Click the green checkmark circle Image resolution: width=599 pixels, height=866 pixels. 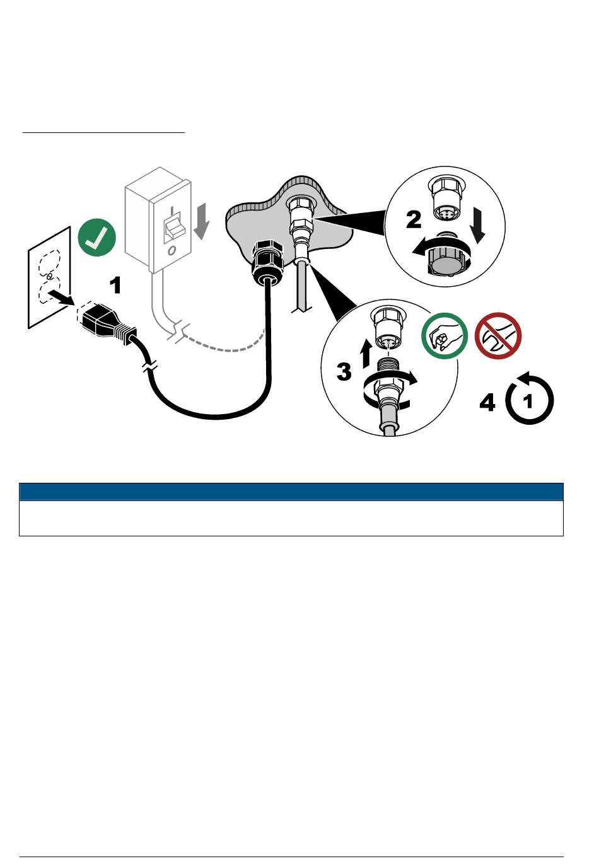[96, 238]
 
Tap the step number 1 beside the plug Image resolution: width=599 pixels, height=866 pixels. [115, 286]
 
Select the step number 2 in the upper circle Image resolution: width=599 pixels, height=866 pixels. [414, 219]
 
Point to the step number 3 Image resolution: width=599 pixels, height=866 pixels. [344, 371]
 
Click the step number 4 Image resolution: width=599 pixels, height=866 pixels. [487, 402]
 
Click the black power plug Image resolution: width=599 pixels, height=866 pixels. [105, 323]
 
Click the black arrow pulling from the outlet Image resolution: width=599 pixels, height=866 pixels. [61, 297]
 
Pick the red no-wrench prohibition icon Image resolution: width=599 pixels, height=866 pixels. [497, 335]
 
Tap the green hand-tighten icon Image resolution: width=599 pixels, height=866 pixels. [445, 335]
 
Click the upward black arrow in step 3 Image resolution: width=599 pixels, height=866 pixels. [366, 354]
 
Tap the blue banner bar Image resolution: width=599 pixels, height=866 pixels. [291, 492]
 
